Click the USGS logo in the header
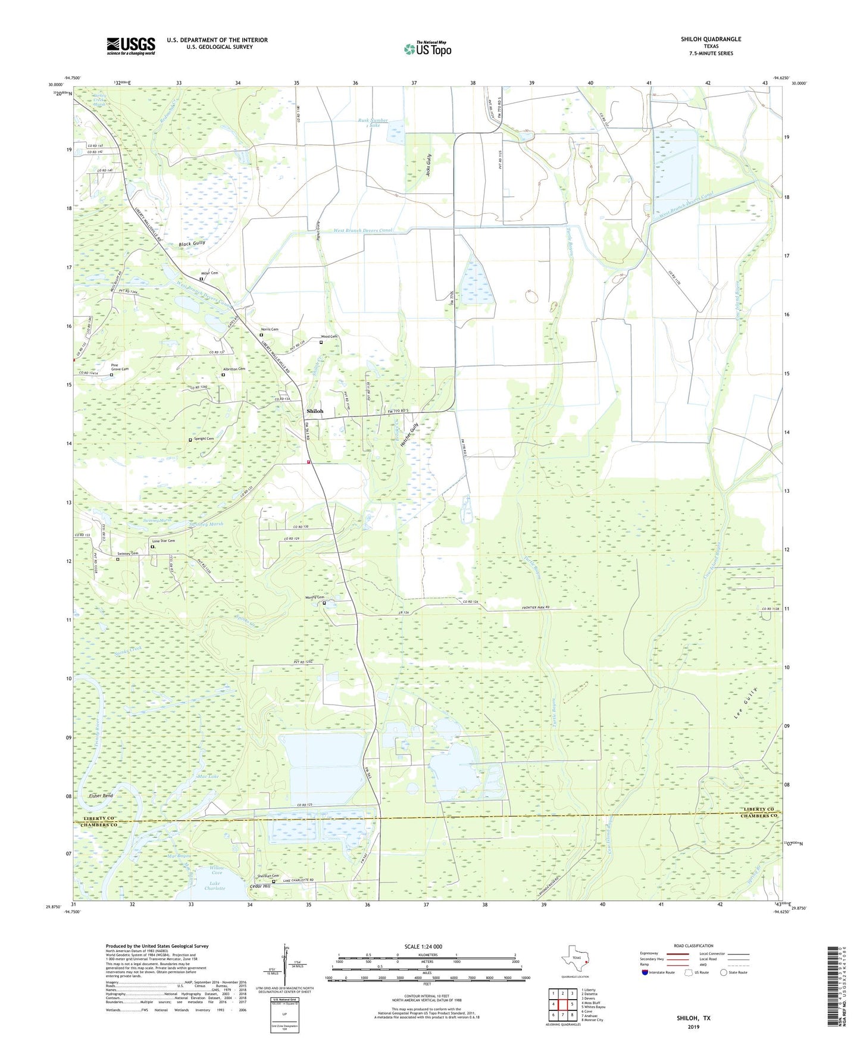[x=131, y=46]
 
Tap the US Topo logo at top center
[x=427, y=49]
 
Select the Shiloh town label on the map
[x=315, y=411]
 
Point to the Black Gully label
[x=192, y=243]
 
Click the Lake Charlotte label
[x=215, y=885]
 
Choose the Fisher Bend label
[x=101, y=796]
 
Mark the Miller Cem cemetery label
[x=209, y=273]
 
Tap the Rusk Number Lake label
[x=373, y=123]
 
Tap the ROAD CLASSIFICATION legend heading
[x=693, y=946]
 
